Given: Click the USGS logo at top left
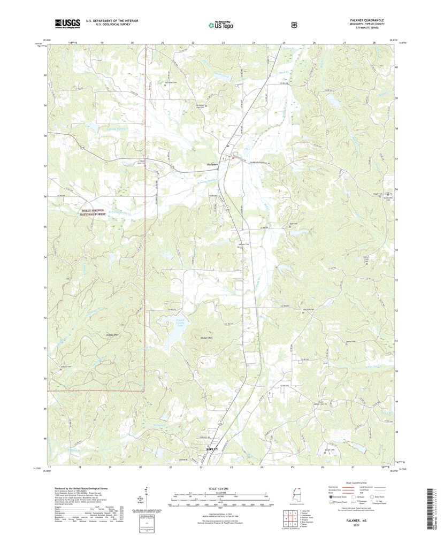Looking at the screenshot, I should [67, 23].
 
